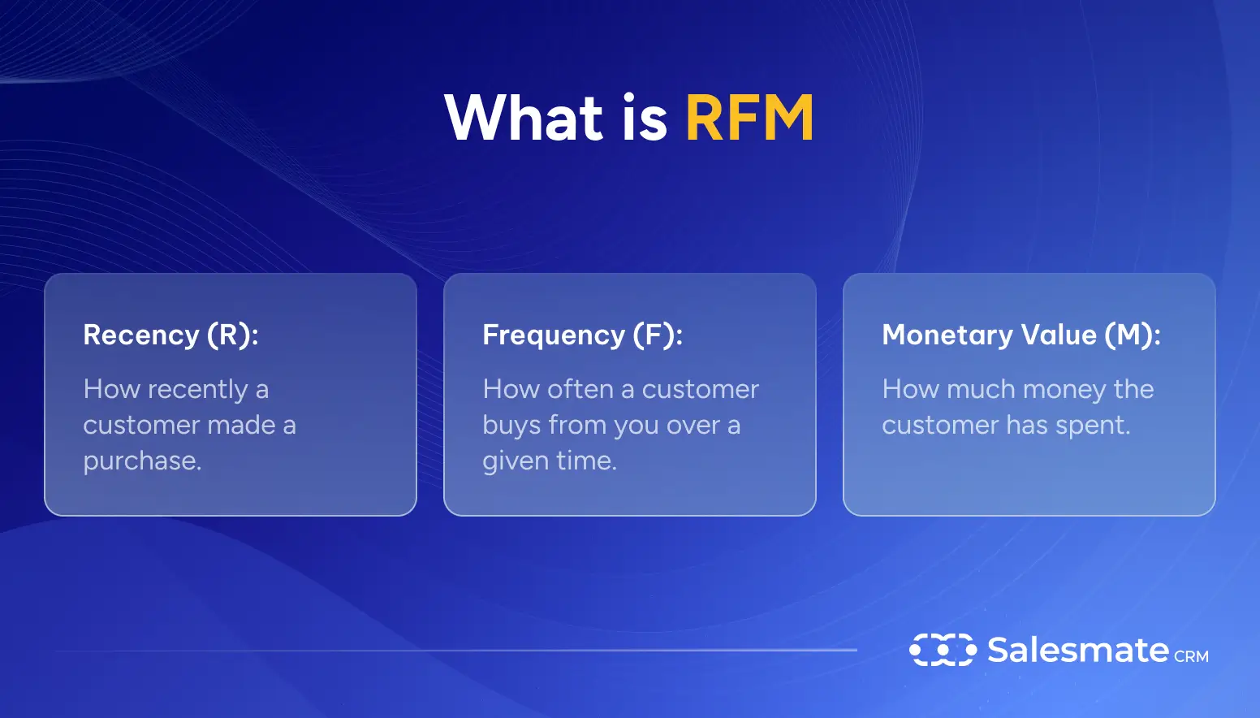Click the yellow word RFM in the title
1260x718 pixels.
coord(749,119)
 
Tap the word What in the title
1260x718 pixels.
coord(524,119)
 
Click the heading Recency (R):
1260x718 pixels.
coord(170,335)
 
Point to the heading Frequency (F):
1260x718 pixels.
coord(582,335)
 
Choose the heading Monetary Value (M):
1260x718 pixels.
coord(1021,335)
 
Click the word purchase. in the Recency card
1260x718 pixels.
coord(142,461)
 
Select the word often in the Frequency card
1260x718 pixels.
coord(580,390)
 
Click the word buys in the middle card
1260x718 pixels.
coord(511,426)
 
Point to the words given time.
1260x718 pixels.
coord(550,461)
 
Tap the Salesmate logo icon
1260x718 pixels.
coord(943,650)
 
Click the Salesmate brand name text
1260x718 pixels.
coord(1077,650)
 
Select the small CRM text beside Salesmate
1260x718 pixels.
coord(1191,656)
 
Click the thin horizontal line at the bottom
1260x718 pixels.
coord(455,651)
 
